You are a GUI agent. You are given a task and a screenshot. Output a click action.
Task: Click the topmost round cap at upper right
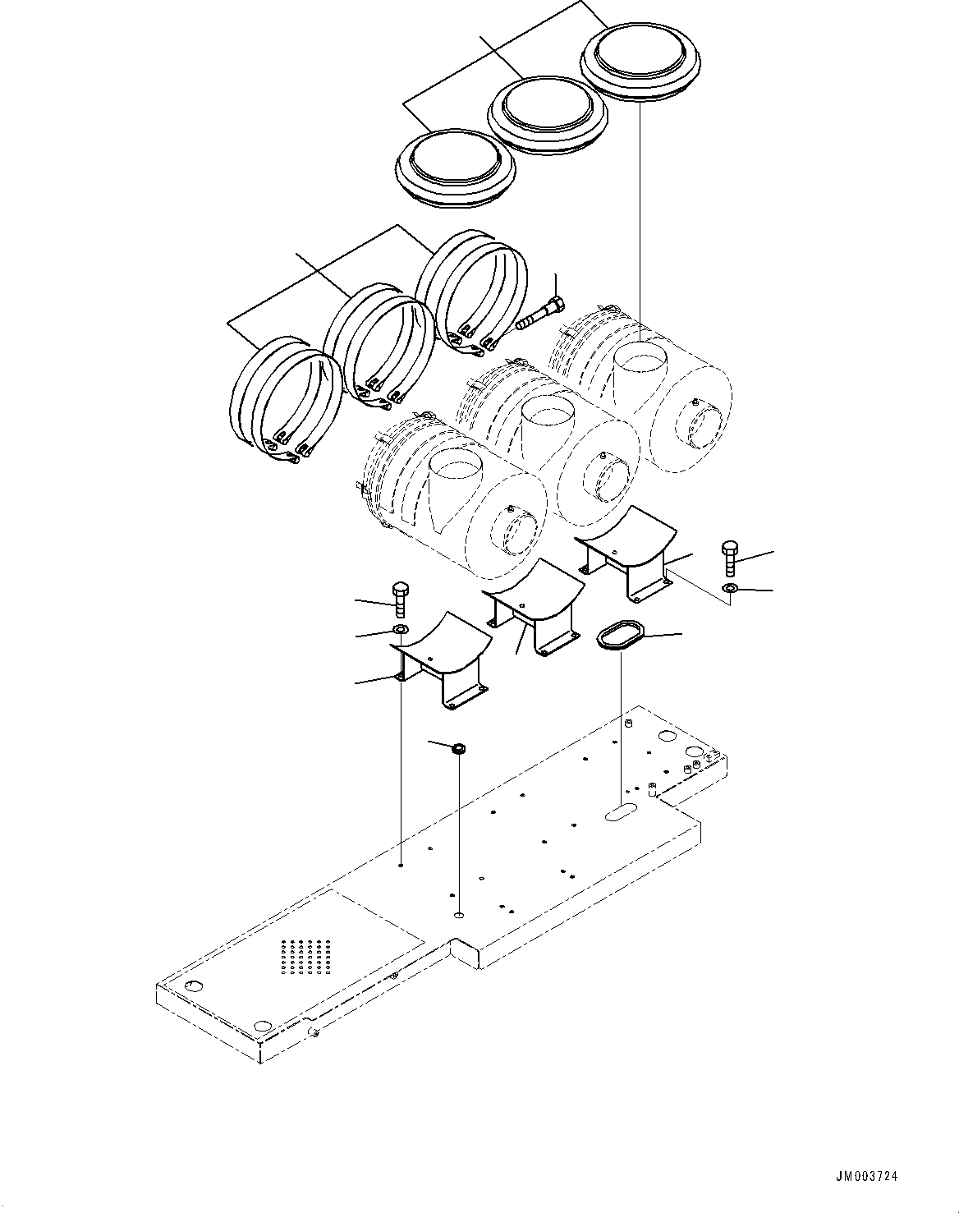coord(640,58)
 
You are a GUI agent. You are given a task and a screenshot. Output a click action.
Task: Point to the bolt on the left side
coord(400,599)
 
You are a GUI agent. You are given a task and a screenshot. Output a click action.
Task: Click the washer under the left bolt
coord(400,629)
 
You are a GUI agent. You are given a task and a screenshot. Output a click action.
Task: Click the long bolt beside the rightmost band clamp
coord(539,315)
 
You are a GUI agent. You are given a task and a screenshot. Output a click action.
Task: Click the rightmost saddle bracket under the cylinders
coord(626,554)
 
